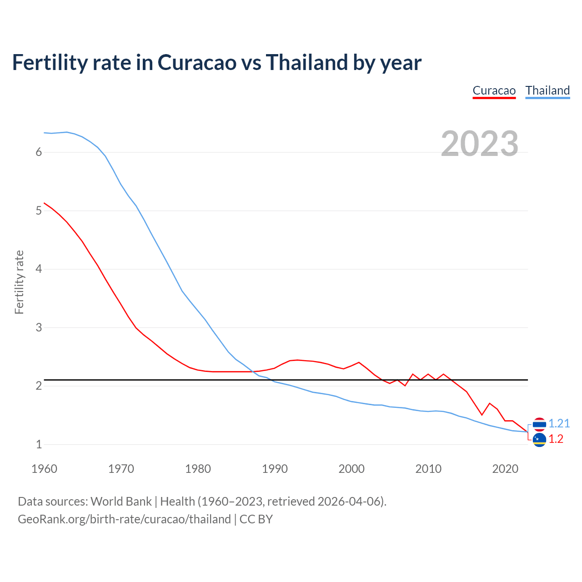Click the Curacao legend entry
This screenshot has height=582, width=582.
coord(494,90)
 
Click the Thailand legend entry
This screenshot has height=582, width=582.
coord(547,90)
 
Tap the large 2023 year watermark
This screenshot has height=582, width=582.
coord(479,144)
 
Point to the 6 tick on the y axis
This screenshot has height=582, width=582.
coord(39,152)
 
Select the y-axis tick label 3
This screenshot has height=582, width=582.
coord(39,327)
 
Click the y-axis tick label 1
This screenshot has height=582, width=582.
coord(39,444)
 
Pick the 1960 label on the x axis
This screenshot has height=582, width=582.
coord(44,469)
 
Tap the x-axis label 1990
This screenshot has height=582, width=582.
coord(275,469)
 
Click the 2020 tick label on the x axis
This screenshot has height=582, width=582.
coord(505,469)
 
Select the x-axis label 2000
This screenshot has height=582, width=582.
coord(351,469)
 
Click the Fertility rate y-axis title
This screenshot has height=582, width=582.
coord(19,282)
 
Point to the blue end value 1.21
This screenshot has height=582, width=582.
coord(559,423)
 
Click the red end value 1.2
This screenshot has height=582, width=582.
coord(556,439)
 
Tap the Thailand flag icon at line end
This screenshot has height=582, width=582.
coord(539,424)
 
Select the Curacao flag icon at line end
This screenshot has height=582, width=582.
coord(539,440)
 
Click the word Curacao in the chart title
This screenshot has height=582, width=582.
coord(197,62)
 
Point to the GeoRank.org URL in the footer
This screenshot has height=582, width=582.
coord(124,519)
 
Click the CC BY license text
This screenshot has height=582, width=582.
coord(256,519)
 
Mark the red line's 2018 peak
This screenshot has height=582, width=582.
coord(490,403)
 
